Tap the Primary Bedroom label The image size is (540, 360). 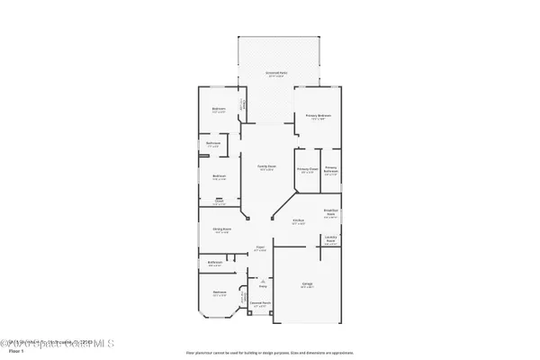[320, 116]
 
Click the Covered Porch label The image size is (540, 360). [260, 304]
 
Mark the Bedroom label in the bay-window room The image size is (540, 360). [219, 292]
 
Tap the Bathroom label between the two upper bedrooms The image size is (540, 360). [213, 144]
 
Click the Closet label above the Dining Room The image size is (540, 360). [218, 202]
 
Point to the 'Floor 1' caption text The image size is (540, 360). [11, 352]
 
